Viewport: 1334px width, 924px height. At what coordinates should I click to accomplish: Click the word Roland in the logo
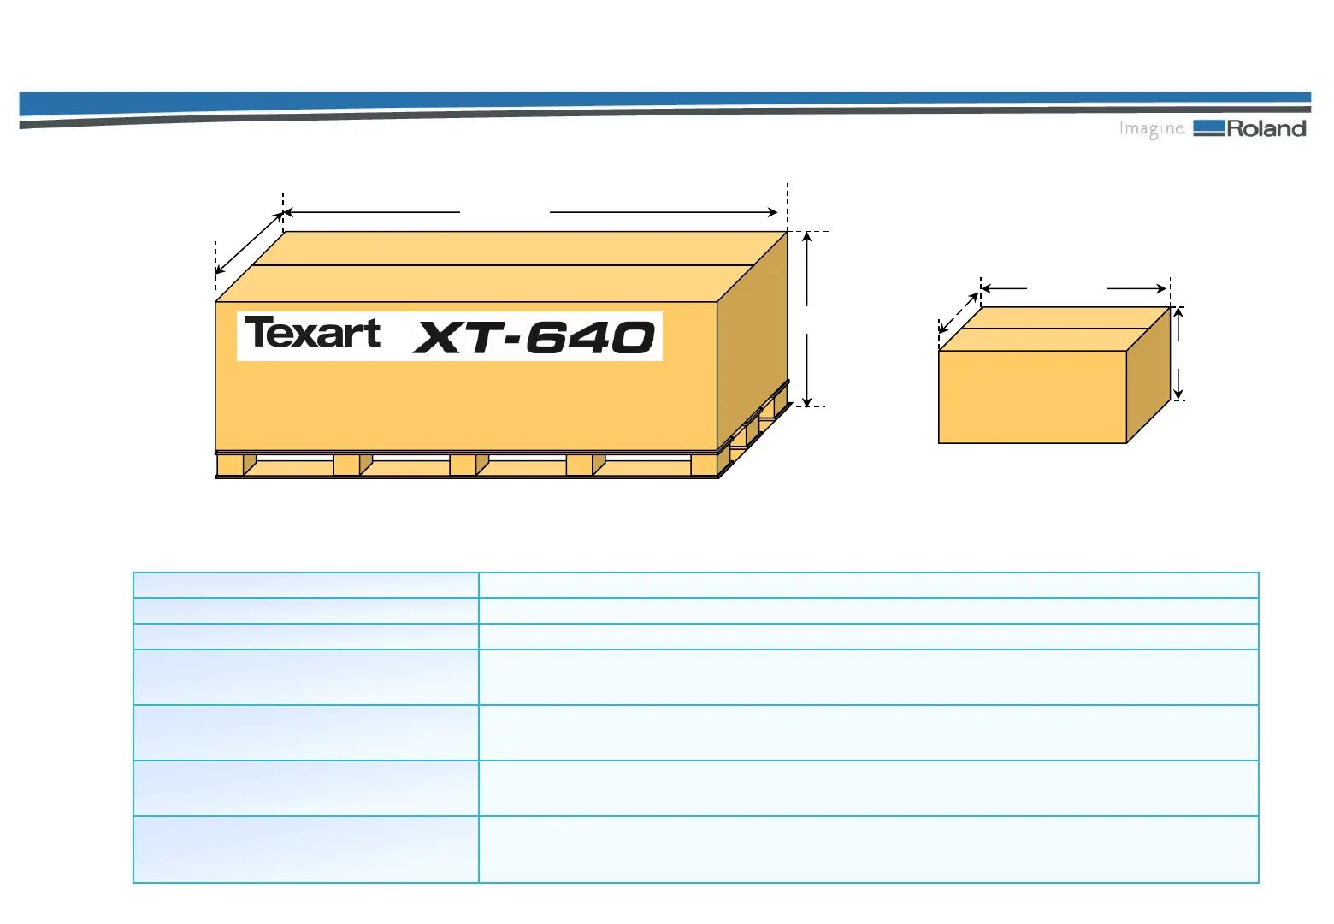1266,129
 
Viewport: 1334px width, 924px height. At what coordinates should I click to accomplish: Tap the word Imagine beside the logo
1152,129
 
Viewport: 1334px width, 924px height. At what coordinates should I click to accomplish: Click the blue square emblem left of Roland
1208,128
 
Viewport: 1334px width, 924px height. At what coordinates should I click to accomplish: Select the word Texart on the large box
312,333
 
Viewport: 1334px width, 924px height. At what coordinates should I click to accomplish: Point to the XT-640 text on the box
534,337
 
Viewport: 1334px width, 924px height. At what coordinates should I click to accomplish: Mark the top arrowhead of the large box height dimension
806,236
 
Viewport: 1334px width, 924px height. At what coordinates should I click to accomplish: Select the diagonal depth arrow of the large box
249,243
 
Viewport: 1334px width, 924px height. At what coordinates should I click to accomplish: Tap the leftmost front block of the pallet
230,465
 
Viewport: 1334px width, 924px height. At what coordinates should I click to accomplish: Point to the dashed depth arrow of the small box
959,312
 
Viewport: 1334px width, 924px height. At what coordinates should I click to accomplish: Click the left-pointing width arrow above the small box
1003,288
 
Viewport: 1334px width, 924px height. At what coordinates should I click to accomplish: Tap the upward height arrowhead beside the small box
1178,312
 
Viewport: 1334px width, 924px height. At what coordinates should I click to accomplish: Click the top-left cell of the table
305,585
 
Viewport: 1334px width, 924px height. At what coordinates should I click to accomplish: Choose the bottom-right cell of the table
868,849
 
